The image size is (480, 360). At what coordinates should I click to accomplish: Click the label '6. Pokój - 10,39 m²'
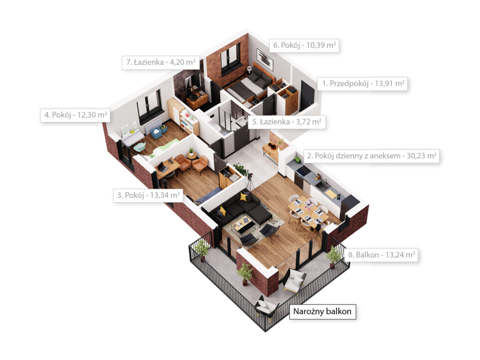[304, 45]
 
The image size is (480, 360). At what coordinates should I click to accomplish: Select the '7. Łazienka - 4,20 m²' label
[161, 62]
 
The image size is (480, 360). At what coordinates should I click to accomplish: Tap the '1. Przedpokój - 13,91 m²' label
[363, 83]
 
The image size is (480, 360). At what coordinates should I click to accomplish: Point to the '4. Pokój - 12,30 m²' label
[75, 115]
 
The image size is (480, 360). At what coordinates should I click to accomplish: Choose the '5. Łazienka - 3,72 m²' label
[286, 122]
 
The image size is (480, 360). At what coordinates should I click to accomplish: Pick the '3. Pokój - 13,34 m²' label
[148, 195]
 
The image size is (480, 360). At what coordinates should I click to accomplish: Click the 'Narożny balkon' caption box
[322, 312]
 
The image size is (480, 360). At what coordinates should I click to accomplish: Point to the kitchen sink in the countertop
[322, 185]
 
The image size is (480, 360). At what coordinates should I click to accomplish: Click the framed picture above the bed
[264, 59]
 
